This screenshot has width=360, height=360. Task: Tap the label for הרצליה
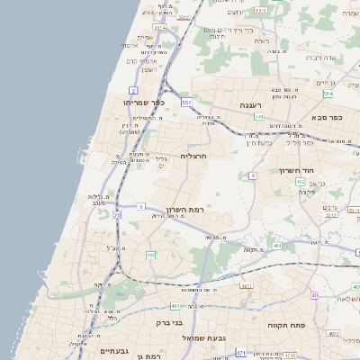pos(194,156)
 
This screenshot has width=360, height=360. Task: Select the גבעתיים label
pos(116,351)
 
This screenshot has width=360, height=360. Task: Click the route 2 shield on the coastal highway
pos(133,91)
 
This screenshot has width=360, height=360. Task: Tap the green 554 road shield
pos(328,93)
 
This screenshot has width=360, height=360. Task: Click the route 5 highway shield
pos(141,206)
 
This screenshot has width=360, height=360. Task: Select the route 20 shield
pos(118,215)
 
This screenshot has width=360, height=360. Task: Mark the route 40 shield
pos(315,295)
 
